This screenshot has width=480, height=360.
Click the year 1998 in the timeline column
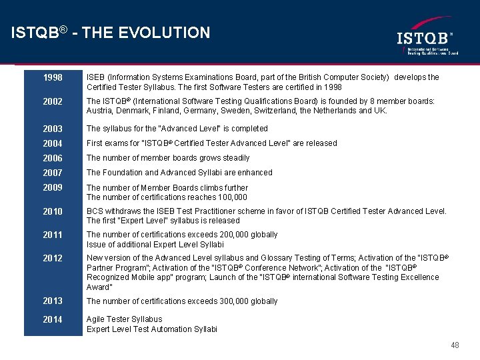53,77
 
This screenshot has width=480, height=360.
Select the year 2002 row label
53,102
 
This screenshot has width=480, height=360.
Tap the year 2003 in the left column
53,129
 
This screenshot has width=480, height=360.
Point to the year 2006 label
53,158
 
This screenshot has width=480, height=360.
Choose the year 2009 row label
53,188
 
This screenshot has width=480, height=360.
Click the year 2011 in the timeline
53,235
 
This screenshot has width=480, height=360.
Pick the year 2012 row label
53,259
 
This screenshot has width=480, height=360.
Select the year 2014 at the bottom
53,319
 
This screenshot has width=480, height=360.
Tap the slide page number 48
455,345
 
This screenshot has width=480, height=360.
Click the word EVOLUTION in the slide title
169,33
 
